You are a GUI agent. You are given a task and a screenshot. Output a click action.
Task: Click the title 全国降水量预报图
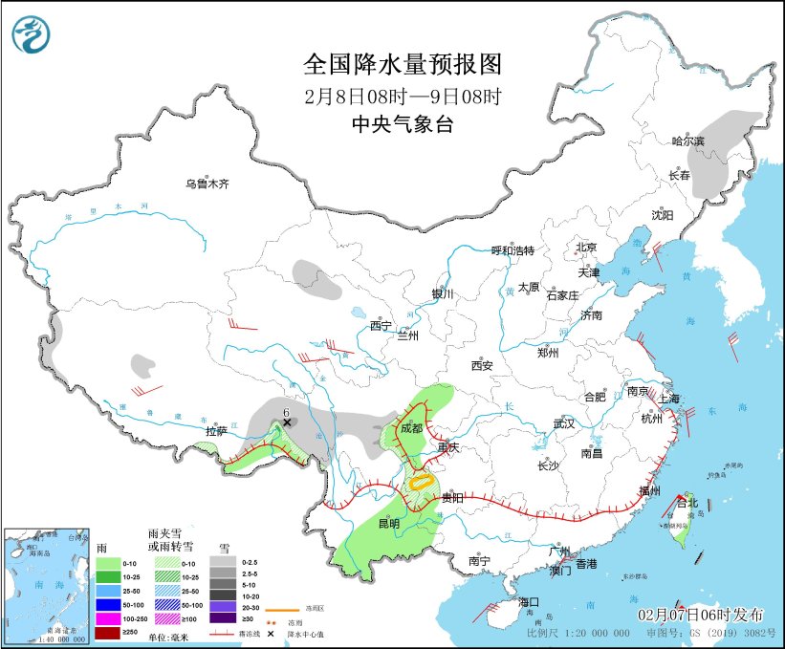[402, 64]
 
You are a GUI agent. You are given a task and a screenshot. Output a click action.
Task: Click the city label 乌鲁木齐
[207, 184]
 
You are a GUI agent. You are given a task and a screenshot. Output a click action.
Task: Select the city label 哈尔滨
[687, 141]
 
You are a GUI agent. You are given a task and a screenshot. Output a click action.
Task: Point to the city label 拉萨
[217, 432]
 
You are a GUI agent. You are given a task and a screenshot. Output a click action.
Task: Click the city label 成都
[411, 428]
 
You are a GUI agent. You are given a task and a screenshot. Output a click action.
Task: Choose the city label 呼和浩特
[512, 250]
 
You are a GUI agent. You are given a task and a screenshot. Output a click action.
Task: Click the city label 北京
[586, 248]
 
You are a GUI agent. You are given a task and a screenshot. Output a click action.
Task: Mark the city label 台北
[687, 502]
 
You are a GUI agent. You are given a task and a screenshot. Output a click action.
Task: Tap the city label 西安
[481, 365]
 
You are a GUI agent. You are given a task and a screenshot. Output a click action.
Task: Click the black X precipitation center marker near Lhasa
[286, 422]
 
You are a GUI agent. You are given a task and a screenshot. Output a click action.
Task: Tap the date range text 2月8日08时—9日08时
[402, 96]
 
